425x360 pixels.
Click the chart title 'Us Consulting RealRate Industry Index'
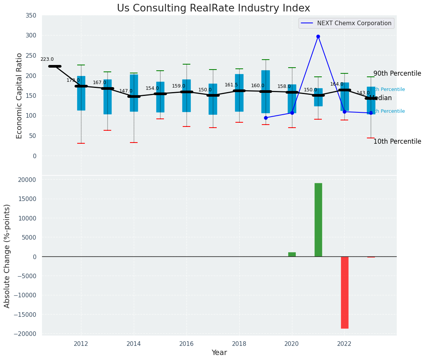click(213, 8)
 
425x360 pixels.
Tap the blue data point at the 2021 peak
click(318, 36)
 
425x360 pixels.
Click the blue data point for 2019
click(266, 118)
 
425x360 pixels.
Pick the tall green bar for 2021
click(318, 220)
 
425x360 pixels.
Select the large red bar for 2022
click(344, 292)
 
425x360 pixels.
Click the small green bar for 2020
click(292, 255)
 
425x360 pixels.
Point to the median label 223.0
click(47, 60)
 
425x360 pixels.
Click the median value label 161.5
click(231, 85)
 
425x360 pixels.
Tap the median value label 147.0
click(126, 91)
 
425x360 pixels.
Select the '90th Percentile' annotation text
click(397, 74)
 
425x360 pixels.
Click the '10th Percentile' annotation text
click(397, 142)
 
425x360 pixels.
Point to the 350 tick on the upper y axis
click(31, 16)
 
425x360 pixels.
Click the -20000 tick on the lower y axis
click(26, 334)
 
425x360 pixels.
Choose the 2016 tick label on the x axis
click(187, 344)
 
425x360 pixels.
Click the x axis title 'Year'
click(219, 353)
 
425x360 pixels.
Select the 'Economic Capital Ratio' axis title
click(19, 96)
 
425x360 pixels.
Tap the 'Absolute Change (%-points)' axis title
click(7, 256)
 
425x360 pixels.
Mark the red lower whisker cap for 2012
click(81, 143)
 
